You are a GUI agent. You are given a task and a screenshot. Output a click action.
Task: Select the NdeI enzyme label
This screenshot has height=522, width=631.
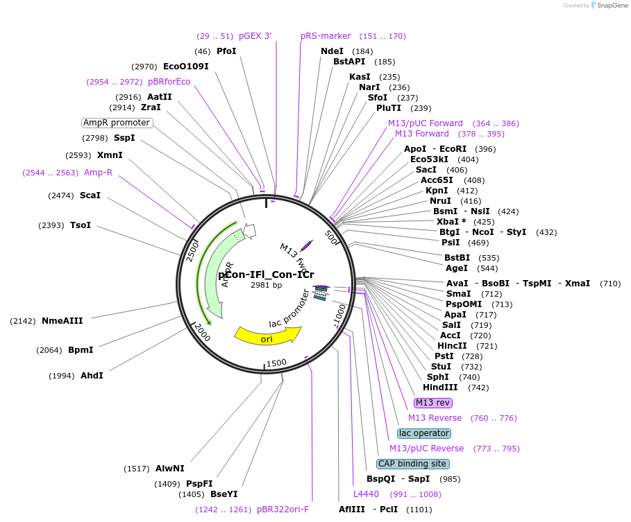pyautogui.click(x=332, y=51)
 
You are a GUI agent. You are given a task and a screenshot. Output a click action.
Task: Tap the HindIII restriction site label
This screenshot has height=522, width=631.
pyautogui.click(x=440, y=388)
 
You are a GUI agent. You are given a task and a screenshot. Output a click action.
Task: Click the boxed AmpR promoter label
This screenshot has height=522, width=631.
pyautogui.click(x=117, y=123)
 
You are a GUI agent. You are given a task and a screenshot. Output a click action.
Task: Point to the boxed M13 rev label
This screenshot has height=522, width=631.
pyautogui.click(x=433, y=403)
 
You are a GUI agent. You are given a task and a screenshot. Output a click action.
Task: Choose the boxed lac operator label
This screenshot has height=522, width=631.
pyautogui.click(x=424, y=433)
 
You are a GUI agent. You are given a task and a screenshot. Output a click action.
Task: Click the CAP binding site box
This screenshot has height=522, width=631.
pyautogui.click(x=412, y=464)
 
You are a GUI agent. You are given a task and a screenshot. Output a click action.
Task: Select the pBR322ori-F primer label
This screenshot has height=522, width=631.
pyautogui.click(x=283, y=510)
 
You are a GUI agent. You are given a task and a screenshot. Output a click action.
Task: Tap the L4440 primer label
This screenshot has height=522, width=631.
pyautogui.click(x=366, y=494)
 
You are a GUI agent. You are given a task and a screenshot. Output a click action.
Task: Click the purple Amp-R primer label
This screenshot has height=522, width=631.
pyautogui.click(x=98, y=173)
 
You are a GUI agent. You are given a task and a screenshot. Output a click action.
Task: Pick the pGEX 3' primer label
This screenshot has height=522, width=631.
pyautogui.click(x=255, y=36)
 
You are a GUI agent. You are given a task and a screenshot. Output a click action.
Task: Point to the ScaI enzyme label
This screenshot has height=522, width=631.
pyautogui.click(x=90, y=195)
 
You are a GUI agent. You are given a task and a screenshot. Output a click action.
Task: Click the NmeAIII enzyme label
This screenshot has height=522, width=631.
pyautogui.click(x=62, y=321)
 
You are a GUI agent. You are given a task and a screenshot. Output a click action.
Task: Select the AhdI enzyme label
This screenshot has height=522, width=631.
pyautogui.click(x=92, y=376)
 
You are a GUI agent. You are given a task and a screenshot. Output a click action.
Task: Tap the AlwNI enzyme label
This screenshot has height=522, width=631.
pyautogui.click(x=170, y=469)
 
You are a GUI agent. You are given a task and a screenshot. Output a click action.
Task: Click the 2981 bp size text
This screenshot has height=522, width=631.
pyautogui.click(x=267, y=285)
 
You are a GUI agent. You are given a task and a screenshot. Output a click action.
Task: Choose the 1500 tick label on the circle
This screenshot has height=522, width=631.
pyautogui.click(x=276, y=363)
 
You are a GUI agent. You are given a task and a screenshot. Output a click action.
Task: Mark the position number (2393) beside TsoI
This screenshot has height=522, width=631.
pyautogui.click(x=53, y=225)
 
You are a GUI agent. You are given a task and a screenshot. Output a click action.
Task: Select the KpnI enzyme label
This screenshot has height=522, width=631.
pyautogui.click(x=437, y=191)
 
